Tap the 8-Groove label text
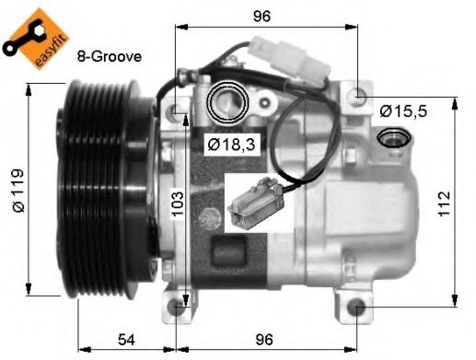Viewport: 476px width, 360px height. [x=110, y=56]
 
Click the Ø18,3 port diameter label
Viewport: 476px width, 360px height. [x=226, y=144]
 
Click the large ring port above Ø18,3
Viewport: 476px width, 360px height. [x=226, y=103]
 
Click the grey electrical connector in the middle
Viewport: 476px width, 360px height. [x=251, y=200]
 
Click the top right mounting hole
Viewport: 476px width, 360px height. [x=358, y=96]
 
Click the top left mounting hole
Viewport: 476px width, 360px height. [x=179, y=112]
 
